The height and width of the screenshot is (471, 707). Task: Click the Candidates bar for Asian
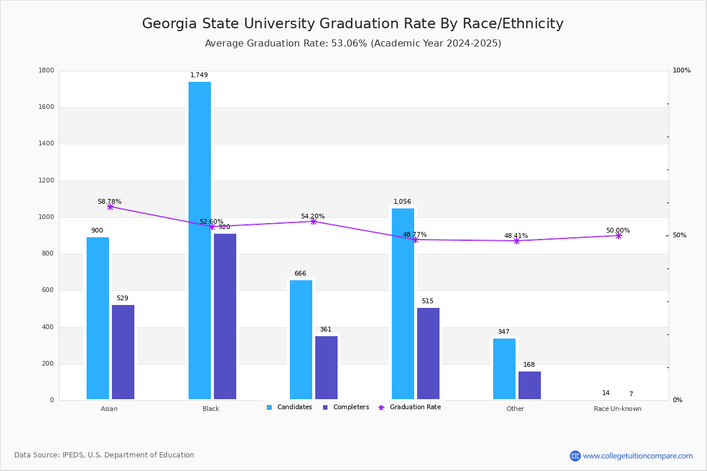98,318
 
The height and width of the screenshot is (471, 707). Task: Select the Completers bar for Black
225,317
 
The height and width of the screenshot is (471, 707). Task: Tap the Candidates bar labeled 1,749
200,240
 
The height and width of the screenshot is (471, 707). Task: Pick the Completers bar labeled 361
326,367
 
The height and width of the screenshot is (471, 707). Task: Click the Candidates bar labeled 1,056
403,304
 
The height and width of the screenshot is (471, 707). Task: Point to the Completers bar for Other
530,385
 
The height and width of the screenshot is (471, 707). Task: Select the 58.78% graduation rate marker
110,207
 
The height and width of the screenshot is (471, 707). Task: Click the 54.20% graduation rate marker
313,221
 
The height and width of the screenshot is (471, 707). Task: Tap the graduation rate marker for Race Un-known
619,235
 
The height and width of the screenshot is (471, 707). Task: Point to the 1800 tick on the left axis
47,71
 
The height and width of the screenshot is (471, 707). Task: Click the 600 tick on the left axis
48,290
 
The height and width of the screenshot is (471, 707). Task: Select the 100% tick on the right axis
682,71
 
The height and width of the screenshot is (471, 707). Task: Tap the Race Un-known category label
617,409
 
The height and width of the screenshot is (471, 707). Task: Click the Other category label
515,409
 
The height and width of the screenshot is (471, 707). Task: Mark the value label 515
427,301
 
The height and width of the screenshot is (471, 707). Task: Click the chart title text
353,24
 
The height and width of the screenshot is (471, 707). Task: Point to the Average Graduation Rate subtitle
353,44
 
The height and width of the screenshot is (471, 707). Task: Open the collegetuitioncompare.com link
637,456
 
